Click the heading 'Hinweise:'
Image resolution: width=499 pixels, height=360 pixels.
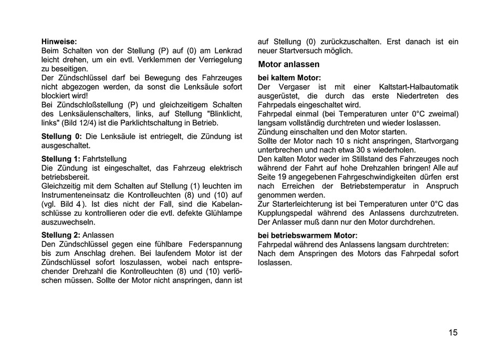(x=59, y=40)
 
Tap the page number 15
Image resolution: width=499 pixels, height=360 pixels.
(x=453, y=332)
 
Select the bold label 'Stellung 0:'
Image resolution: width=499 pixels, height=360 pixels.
(x=61, y=136)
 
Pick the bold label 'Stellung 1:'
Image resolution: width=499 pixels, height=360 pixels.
(x=60, y=158)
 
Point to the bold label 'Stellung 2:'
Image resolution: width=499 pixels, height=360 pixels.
(x=60, y=235)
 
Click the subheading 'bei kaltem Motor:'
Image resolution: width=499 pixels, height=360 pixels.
(x=289, y=78)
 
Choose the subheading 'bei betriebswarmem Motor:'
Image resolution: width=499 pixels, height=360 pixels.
(x=307, y=235)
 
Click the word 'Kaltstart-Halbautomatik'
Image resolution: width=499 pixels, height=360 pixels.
(x=418, y=87)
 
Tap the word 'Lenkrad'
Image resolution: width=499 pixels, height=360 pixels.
(x=228, y=51)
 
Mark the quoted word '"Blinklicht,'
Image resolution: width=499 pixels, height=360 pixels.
(x=224, y=113)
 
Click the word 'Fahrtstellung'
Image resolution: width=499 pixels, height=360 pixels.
(x=105, y=158)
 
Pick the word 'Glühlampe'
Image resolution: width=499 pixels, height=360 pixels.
(x=224, y=213)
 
